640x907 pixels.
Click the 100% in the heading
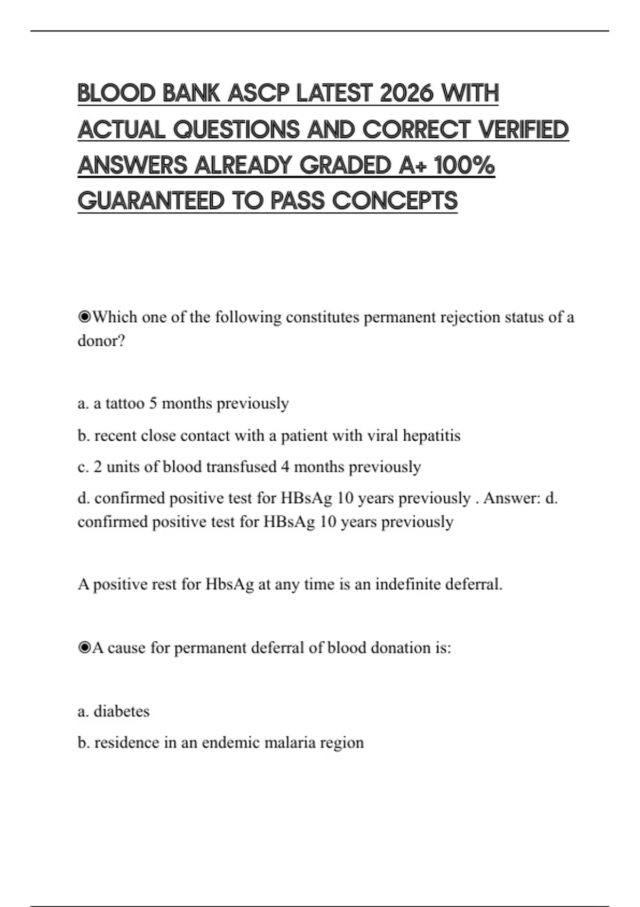(465, 165)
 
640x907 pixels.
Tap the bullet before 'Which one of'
(84, 317)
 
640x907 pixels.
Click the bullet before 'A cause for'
(84, 648)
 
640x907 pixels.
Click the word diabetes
(122, 711)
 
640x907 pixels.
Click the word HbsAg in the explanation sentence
(230, 584)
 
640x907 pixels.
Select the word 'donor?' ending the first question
(101, 341)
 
